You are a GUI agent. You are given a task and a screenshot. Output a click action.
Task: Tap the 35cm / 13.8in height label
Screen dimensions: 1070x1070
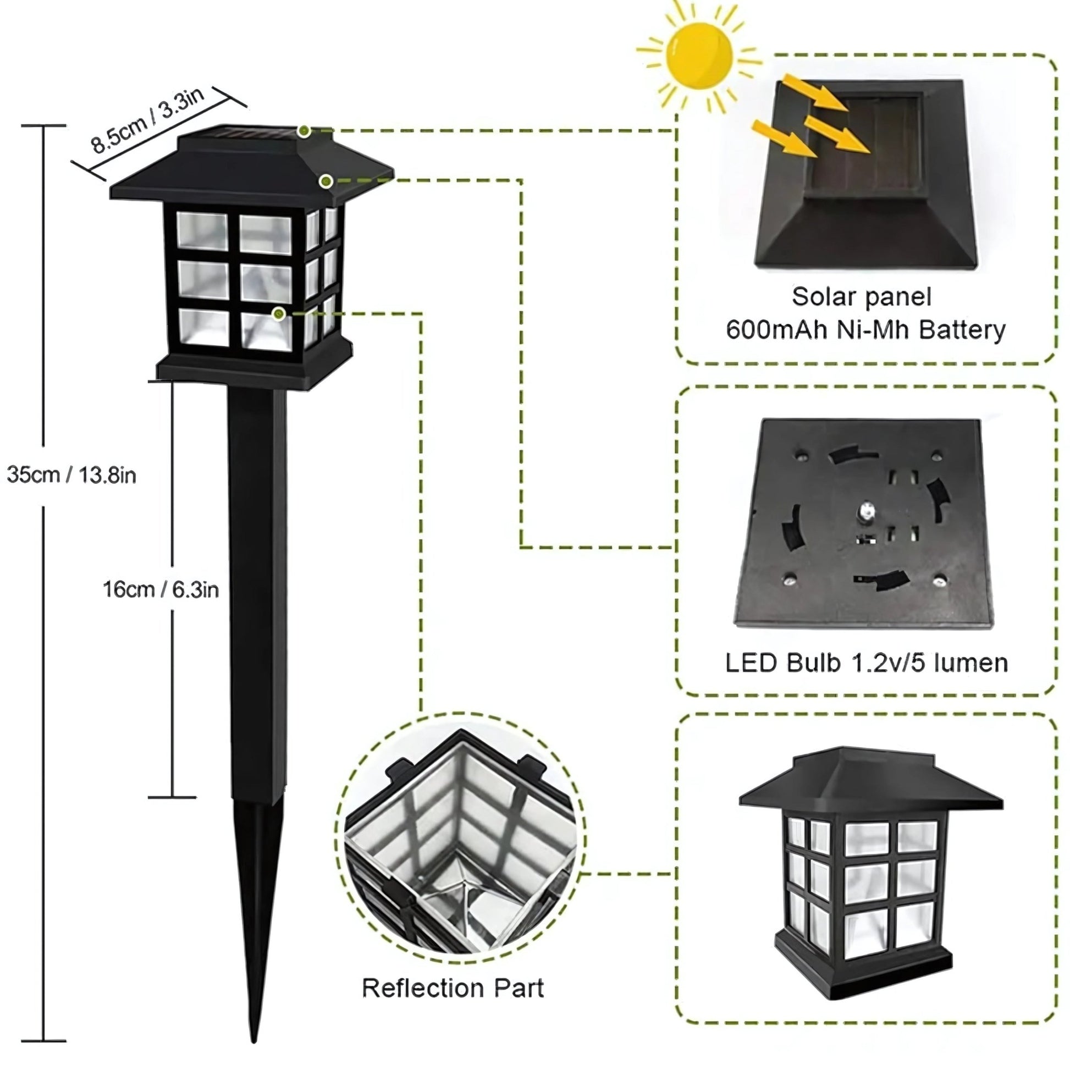[71, 475]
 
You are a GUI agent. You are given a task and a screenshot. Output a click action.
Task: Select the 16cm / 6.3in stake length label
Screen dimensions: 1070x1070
[161, 589]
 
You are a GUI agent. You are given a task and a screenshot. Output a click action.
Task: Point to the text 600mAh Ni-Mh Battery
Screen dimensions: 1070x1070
[865, 330]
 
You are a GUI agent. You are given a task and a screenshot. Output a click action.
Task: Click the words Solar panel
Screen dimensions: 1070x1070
[861, 297]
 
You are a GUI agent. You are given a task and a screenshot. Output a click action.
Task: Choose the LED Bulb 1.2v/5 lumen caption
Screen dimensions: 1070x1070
[866, 663]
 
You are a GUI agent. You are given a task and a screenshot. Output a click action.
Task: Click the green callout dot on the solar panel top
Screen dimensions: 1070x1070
[304, 131]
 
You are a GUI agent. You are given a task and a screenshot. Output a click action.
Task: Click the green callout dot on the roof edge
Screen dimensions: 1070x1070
[326, 180]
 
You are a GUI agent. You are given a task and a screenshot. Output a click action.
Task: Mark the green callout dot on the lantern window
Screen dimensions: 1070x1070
[279, 314]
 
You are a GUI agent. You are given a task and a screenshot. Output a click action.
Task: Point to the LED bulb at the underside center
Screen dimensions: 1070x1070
[864, 510]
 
